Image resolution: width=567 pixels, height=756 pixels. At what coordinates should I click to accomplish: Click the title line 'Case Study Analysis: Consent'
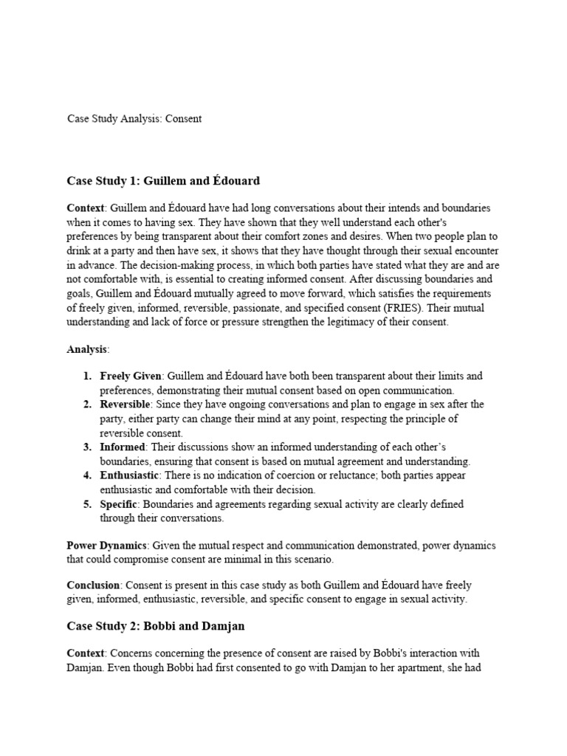[134, 118]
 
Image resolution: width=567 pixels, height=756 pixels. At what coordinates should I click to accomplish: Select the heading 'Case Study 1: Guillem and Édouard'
[163, 181]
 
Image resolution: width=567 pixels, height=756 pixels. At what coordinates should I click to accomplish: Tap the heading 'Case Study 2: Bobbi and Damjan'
[156, 626]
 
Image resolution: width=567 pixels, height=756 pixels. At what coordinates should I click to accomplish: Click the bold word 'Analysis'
[87, 349]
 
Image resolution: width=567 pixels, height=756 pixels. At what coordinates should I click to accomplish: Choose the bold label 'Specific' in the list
[120, 504]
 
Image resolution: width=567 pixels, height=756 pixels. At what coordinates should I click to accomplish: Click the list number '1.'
[87, 377]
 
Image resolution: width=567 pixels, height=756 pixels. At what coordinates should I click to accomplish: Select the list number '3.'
[87, 447]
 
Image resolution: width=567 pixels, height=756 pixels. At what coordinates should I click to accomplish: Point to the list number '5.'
[87, 504]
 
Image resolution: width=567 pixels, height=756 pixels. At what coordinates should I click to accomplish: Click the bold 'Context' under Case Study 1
[86, 209]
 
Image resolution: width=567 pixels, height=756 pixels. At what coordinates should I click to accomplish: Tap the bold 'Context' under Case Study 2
[86, 654]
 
